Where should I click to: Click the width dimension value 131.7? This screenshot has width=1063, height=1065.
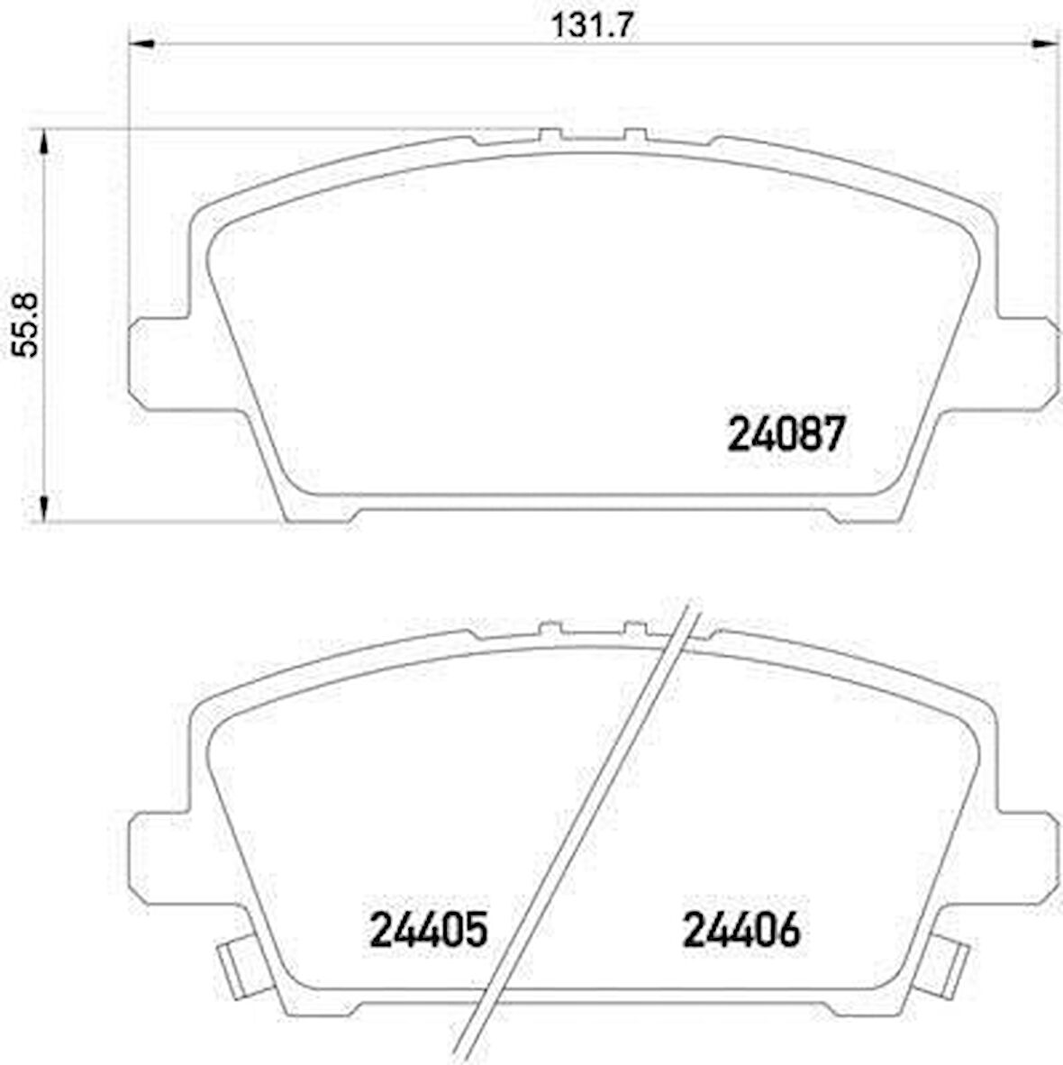594,24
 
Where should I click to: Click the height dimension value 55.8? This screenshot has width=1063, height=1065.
26,324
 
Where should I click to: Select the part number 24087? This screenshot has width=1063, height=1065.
786,436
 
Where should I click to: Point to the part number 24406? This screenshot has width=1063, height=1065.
741,930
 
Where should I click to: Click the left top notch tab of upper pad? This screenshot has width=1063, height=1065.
550,135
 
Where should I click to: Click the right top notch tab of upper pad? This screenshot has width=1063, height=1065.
635,135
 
